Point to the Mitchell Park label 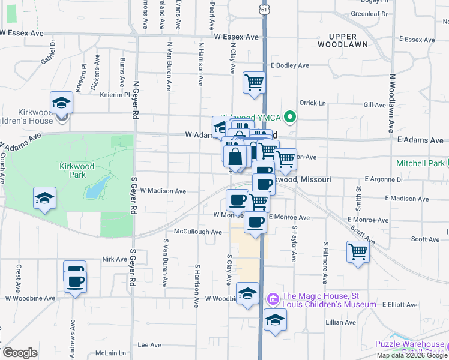click(420, 163)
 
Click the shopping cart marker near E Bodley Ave click(254, 82)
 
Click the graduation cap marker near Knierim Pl click(61, 103)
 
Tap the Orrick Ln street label click(312, 103)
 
